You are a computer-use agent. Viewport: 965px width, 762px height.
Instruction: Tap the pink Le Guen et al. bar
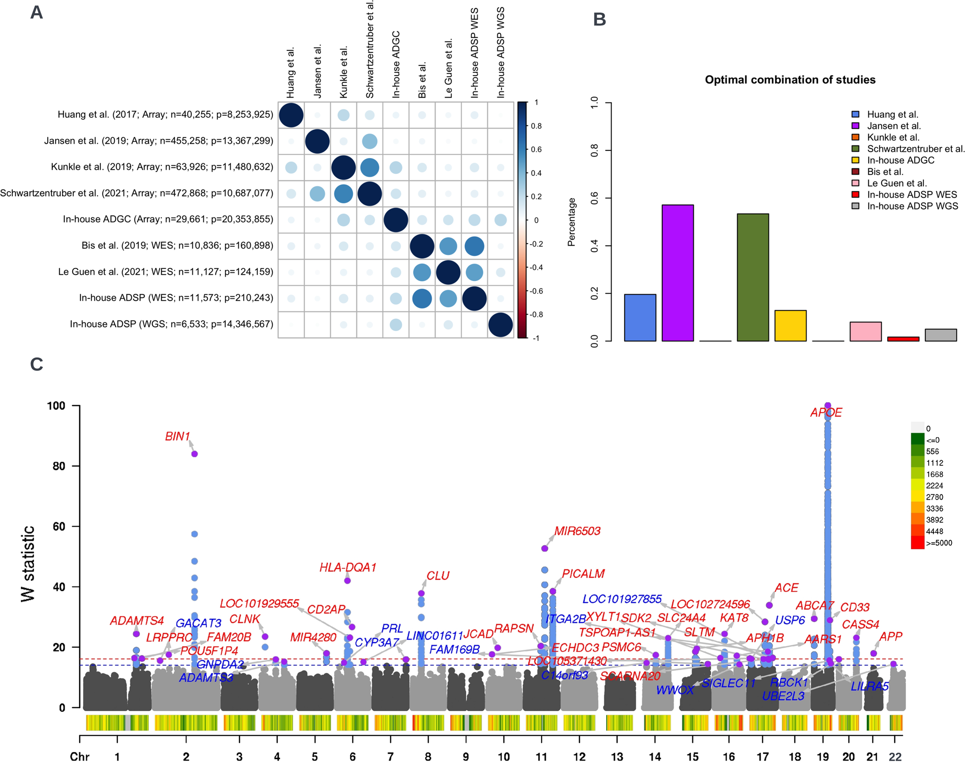[x=865, y=331]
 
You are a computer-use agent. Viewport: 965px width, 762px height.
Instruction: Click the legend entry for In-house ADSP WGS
[x=912, y=206]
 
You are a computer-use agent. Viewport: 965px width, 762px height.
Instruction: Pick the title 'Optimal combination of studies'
[x=790, y=80]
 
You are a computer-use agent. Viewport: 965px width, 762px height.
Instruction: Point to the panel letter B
[x=599, y=19]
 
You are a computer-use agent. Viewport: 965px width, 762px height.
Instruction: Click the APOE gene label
[x=825, y=413]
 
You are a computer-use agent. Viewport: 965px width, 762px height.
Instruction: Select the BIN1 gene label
[x=177, y=437]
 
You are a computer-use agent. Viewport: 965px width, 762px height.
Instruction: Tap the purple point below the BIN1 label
[x=194, y=454]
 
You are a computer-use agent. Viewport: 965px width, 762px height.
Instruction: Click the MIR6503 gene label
[x=577, y=531]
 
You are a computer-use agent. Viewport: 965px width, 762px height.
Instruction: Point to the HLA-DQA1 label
[x=347, y=567]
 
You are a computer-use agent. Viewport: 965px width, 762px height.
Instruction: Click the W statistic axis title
[x=28, y=563]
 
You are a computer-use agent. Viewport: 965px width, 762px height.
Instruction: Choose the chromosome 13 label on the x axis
[x=617, y=756]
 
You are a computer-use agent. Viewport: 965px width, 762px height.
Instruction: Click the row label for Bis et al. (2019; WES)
[x=177, y=246]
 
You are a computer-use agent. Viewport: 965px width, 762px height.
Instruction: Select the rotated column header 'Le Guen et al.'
[x=448, y=68]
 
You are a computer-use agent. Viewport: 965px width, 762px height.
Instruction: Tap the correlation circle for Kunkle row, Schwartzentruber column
[x=370, y=167]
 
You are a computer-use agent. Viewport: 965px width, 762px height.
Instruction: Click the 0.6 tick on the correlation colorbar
[x=536, y=149]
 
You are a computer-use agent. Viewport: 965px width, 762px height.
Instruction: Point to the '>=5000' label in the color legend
[x=939, y=543]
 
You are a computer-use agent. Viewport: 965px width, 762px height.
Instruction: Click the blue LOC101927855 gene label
[x=622, y=599]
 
